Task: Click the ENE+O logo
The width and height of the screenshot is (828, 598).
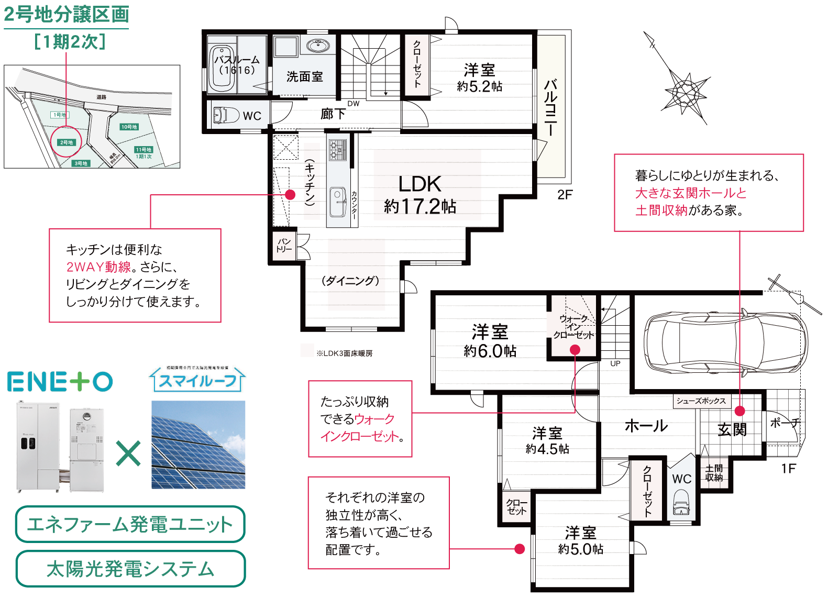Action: tap(60, 381)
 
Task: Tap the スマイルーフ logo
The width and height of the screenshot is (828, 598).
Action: tap(197, 379)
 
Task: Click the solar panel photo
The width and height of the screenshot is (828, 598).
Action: tap(198, 445)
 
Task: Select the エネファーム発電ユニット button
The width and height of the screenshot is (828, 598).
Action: tap(130, 524)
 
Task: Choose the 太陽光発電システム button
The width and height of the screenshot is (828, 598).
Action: tap(130, 569)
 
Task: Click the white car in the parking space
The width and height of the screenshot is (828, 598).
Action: tap(725, 342)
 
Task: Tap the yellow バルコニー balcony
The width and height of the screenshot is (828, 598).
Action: tap(551, 106)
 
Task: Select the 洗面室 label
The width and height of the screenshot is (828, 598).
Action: tap(304, 76)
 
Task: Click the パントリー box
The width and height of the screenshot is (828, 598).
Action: tap(284, 246)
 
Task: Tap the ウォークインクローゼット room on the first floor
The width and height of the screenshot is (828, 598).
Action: tap(573, 327)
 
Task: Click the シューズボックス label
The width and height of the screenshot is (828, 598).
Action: tap(701, 401)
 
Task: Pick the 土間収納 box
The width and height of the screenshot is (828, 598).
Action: tap(714, 472)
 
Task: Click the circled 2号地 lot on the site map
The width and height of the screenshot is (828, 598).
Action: tap(66, 142)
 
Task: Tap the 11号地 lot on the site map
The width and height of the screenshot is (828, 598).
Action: tap(143, 150)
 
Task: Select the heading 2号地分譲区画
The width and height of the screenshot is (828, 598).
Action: tap(67, 14)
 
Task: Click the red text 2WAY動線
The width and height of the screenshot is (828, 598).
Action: tap(98, 267)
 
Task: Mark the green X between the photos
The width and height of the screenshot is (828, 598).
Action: tap(128, 453)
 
